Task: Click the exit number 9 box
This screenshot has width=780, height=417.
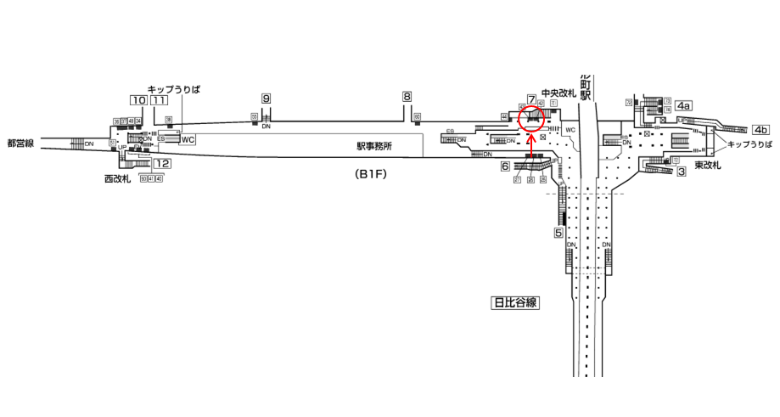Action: click(x=266, y=99)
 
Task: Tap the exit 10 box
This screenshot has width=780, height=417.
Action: click(x=137, y=100)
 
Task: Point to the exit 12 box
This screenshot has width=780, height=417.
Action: click(x=163, y=163)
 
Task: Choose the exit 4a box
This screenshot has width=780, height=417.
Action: click(x=683, y=105)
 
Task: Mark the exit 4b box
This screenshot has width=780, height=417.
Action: click(x=760, y=130)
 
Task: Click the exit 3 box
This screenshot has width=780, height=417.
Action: click(x=682, y=172)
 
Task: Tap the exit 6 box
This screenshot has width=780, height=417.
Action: click(x=504, y=166)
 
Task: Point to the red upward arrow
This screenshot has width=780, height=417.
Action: click(x=531, y=146)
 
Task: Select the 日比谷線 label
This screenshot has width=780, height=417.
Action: click(x=516, y=301)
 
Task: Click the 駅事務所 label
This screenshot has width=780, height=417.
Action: click(x=374, y=146)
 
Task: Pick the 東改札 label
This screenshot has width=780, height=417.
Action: click(x=707, y=165)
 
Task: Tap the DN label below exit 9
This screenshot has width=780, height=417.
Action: click(x=266, y=127)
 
